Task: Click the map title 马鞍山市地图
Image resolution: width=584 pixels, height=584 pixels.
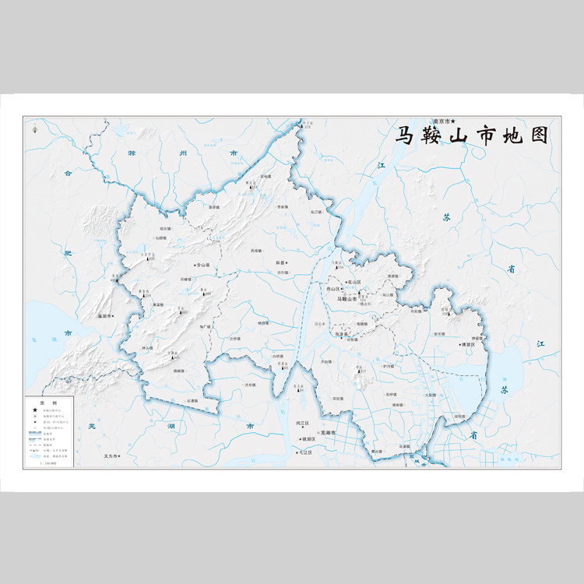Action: tap(473, 135)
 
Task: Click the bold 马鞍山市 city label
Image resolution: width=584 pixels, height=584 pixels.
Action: tap(346, 298)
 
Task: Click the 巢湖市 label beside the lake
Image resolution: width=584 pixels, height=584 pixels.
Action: tap(107, 316)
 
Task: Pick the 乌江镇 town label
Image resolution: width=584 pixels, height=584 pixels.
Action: tap(316, 211)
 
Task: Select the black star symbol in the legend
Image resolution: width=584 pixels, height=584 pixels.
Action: tap(34, 410)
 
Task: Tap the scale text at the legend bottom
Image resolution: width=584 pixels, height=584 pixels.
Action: tap(47, 463)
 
